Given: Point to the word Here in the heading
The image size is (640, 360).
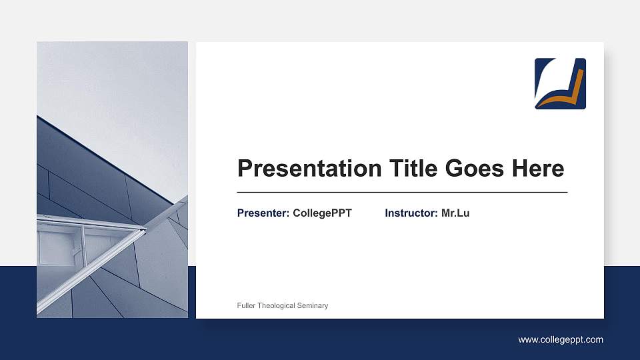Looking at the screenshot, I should click(537, 169).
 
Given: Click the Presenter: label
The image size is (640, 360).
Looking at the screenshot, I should click(263, 213).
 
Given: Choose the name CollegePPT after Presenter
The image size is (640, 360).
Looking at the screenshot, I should click(322, 213).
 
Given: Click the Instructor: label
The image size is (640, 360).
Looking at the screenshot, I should click(411, 213).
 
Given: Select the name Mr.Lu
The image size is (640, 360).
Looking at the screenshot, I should click(455, 213).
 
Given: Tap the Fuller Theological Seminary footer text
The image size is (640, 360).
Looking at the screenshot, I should click(283, 305).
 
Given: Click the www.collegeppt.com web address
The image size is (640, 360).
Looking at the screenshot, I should click(561, 340).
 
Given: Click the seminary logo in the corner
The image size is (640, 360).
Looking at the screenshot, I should click(560, 83).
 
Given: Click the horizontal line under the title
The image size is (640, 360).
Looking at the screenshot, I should click(402, 192).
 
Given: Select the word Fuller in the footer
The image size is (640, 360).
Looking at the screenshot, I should click(247, 305).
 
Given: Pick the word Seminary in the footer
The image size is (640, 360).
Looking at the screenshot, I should click(313, 305).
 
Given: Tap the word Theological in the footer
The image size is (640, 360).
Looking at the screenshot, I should click(278, 305).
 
